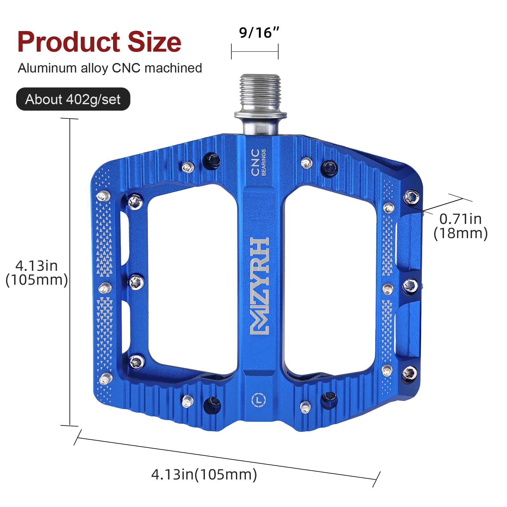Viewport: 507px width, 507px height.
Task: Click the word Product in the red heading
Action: pos(69,42)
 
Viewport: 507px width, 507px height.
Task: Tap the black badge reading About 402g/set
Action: pos(73,99)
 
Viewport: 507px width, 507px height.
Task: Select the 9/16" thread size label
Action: pos(259,33)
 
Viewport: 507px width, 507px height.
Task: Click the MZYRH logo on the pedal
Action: pos(260,286)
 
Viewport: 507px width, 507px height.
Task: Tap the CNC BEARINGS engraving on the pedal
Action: pos(258,162)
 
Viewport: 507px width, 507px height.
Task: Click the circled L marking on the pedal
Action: pos(259,400)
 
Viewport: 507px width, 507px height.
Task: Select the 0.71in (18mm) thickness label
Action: pos(460,226)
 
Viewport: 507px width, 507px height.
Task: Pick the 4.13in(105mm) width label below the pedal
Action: pos(204,474)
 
